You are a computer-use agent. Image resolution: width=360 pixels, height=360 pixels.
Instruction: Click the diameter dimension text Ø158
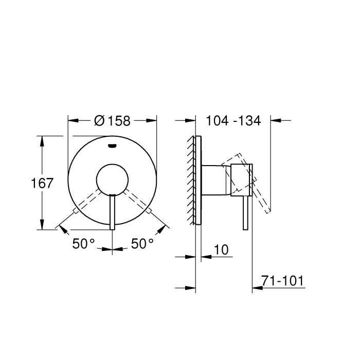coord(113,121)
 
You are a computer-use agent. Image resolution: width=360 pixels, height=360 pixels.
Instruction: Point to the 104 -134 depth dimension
coord(233,121)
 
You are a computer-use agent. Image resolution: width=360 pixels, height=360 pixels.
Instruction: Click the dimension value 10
coord(220,250)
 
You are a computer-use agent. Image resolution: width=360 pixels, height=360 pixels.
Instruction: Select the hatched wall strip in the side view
coord(192,180)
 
